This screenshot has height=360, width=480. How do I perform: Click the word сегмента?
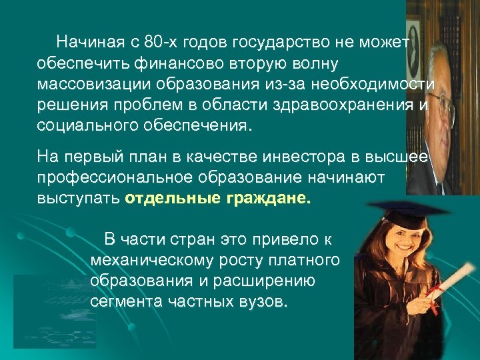pyautogui.click(x=123, y=301)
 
